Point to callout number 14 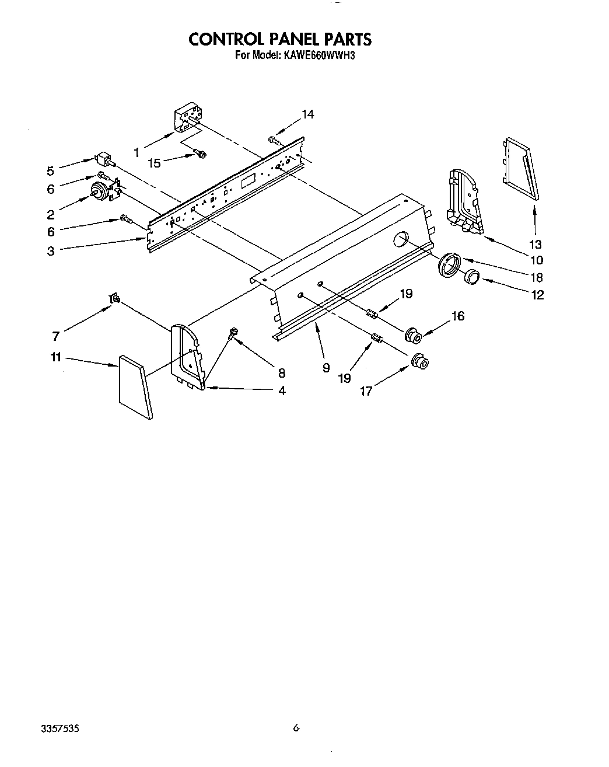point(307,114)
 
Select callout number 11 point(56,357)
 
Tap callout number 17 point(366,391)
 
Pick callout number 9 point(325,367)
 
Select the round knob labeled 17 point(419,362)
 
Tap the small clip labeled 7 point(115,299)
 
